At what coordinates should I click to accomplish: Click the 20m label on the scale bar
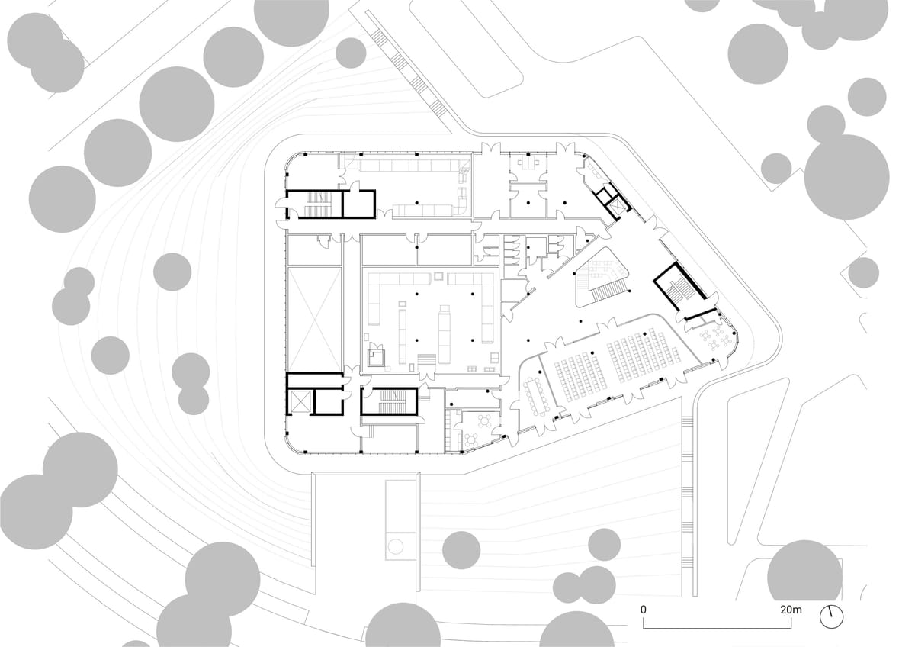(791, 610)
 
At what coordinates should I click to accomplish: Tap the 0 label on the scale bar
(644, 610)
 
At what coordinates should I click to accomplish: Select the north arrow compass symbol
(833, 616)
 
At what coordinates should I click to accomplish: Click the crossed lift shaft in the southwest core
(299, 401)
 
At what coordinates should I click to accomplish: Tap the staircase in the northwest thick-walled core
(314, 202)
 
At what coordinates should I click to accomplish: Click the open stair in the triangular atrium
(608, 290)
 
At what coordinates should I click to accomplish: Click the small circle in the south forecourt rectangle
(395, 546)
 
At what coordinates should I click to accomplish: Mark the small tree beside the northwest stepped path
(351, 53)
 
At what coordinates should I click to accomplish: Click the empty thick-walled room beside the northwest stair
(358, 204)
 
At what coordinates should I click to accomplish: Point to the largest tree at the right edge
(846, 176)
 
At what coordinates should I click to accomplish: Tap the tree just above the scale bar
(804, 571)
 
